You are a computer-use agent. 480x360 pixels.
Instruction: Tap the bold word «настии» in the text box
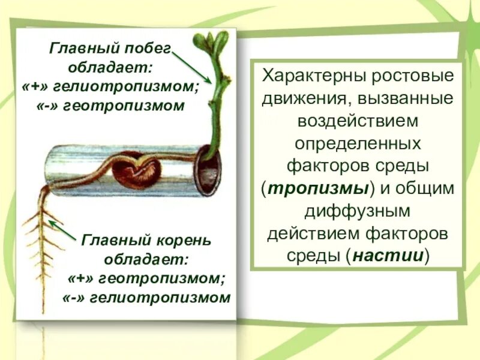pos(389,254)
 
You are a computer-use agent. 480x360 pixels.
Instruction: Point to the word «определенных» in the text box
pos(358,143)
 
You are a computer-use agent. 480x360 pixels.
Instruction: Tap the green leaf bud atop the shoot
pos(211,42)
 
